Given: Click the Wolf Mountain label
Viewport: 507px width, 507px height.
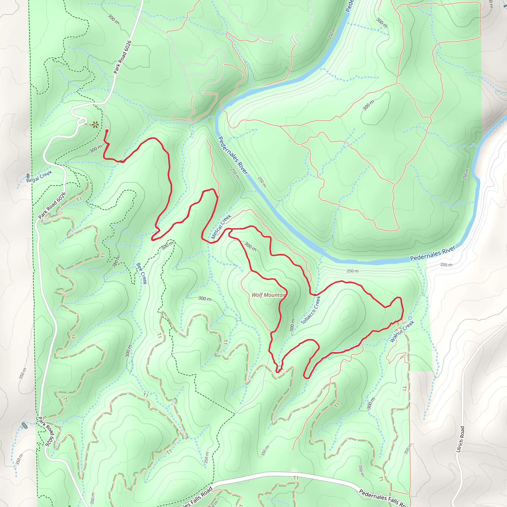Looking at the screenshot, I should click(x=268, y=295).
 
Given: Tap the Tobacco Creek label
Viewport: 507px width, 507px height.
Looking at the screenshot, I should click(x=311, y=310).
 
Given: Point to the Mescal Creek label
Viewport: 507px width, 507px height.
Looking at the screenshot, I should click(x=221, y=227).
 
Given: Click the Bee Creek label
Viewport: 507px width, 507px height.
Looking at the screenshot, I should click(x=142, y=274).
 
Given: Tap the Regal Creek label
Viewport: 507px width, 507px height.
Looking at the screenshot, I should click(x=39, y=176).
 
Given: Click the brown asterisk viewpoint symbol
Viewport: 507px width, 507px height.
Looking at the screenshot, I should click(x=95, y=125).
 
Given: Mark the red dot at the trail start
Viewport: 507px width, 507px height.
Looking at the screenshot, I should click(x=107, y=131).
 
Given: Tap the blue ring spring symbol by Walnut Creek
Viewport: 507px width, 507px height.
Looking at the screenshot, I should click(x=410, y=318).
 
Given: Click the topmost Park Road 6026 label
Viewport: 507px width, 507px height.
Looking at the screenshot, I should click(x=122, y=57).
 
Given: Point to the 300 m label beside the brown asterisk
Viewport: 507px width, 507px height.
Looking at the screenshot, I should click(x=96, y=149).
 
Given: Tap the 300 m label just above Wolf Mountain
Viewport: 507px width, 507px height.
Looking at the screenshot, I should click(x=250, y=246).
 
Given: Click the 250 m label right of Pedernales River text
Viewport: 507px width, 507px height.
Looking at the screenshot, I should click(x=446, y=265).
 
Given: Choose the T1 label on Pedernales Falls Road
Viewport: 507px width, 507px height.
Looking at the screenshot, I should click(x=296, y=478).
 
